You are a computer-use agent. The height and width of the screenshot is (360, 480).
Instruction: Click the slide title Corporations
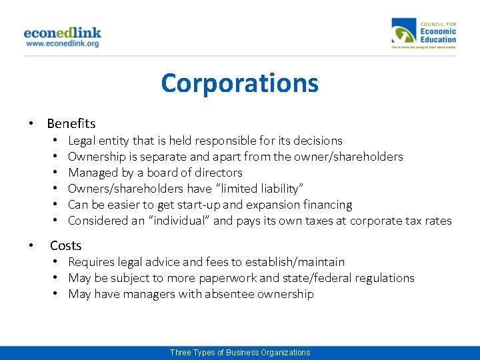click(239, 83)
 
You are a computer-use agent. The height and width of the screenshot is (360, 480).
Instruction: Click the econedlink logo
click(62, 32)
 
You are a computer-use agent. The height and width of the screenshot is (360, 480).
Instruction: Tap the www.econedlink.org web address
click(62, 43)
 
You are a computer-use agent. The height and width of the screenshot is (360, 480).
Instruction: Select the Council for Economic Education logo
click(424, 33)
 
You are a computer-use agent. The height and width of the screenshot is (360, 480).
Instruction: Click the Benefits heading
click(71, 123)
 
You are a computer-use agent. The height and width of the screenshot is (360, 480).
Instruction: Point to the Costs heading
click(65, 246)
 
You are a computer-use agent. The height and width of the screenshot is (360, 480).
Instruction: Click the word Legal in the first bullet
click(81, 141)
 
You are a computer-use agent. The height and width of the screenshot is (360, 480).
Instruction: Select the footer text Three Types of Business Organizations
click(240, 353)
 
